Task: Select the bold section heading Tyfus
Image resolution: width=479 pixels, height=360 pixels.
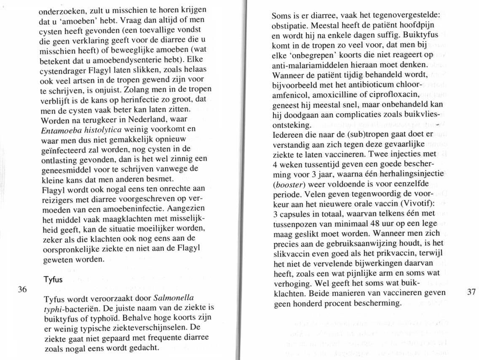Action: tap(53, 280)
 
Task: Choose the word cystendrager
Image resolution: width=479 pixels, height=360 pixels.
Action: tap(65, 68)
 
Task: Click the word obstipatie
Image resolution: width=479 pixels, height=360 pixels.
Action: tap(292, 25)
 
